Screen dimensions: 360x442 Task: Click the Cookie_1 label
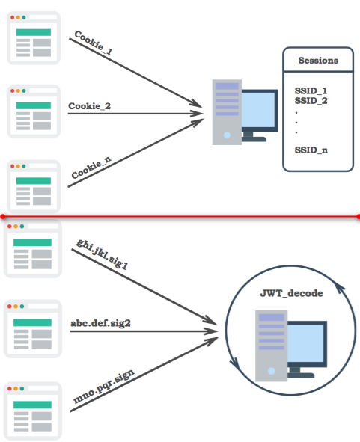94,43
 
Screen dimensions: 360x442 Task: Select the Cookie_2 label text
89,106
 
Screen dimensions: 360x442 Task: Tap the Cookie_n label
91,168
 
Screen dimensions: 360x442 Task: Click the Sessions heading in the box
318,61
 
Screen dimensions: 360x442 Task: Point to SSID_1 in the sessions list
311,90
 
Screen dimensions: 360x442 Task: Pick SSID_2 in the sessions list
311,101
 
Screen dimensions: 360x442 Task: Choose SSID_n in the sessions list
311,150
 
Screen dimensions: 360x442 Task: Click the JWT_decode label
291,293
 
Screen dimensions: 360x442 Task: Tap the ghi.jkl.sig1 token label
102,254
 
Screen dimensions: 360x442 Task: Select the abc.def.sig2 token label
100,323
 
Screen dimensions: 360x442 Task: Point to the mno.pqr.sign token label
103,386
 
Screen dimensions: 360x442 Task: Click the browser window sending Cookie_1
34,38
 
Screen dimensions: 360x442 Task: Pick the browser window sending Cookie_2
34,111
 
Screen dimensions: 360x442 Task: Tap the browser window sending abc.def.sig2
32,328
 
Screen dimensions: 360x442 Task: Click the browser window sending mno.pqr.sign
32,411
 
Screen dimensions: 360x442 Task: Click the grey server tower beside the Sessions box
227,112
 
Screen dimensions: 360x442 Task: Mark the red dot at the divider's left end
2,216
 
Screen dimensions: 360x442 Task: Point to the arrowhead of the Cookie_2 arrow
198,114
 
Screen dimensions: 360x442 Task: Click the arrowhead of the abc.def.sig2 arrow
212,331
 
